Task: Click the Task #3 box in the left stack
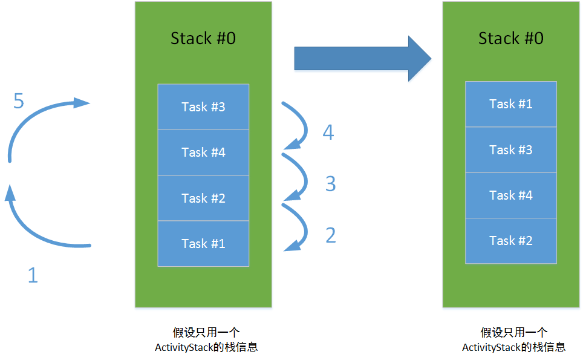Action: [x=203, y=107]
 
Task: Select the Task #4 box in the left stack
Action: [x=203, y=152]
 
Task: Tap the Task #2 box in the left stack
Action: [x=203, y=198]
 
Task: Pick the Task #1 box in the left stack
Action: [x=203, y=243]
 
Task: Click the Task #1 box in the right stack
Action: [x=510, y=104]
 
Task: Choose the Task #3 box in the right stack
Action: [x=510, y=149]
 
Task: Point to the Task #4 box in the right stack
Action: [x=510, y=195]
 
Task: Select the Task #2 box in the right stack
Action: [x=510, y=240]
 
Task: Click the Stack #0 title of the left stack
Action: [x=203, y=39]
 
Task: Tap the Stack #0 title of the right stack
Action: [x=510, y=39]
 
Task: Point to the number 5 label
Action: [x=19, y=101]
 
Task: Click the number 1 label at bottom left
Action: [x=33, y=275]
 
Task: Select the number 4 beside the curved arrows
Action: [x=328, y=132]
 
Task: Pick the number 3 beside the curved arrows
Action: [x=330, y=183]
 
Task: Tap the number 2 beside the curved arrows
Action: [x=330, y=235]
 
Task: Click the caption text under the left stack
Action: [x=206, y=339]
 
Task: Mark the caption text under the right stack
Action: [x=514, y=339]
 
